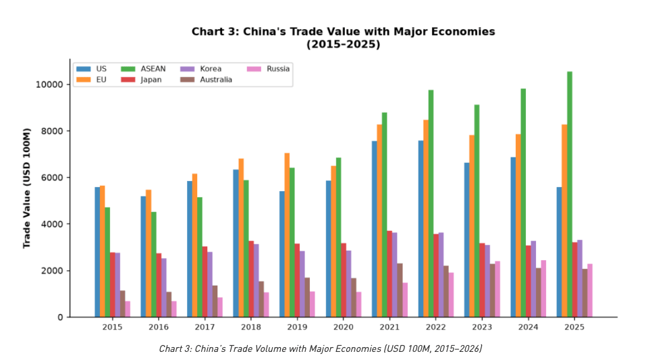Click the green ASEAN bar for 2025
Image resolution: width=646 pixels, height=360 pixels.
569,195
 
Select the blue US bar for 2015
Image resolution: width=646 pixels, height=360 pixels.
97,252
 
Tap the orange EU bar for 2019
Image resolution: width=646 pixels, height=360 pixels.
287,235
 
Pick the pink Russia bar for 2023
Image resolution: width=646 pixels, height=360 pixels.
497,289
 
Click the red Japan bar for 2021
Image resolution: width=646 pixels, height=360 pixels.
389,274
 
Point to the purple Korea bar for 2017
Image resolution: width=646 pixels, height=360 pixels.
210,284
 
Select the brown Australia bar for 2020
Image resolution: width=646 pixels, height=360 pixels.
354,298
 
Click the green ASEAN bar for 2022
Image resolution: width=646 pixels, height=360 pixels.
431,204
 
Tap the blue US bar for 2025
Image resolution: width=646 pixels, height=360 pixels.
559,252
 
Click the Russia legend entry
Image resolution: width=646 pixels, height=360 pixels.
268,69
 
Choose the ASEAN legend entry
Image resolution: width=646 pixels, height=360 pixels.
143,69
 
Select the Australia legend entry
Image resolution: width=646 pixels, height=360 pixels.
206,80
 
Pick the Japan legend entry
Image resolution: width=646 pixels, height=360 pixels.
141,80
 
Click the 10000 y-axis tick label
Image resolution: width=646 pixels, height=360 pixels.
49,84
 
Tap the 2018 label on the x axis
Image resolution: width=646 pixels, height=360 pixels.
251,327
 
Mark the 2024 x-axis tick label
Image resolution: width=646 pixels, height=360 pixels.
528,327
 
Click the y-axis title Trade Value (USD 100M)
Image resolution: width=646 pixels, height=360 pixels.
27,188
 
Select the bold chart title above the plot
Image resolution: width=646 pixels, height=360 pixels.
343,38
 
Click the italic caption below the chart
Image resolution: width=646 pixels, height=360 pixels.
321,349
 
